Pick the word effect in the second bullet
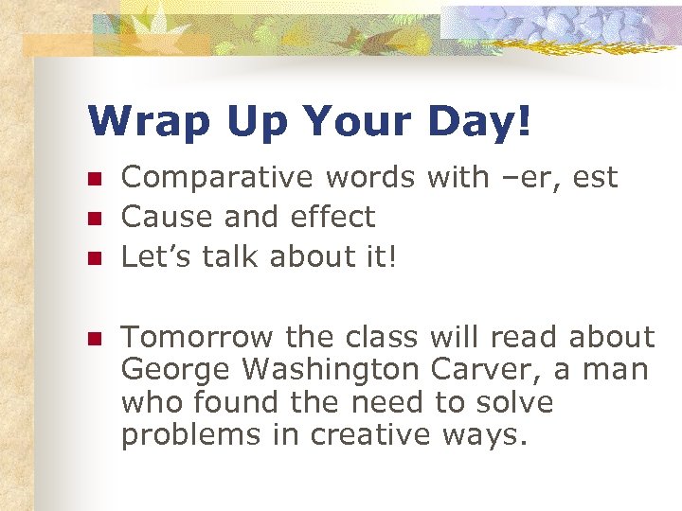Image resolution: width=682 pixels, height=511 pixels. click(x=331, y=217)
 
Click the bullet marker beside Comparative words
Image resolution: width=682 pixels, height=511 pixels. click(x=94, y=178)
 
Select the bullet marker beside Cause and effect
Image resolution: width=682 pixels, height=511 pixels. click(x=94, y=218)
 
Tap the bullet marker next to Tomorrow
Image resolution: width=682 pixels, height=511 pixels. click(x=94, y=338)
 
